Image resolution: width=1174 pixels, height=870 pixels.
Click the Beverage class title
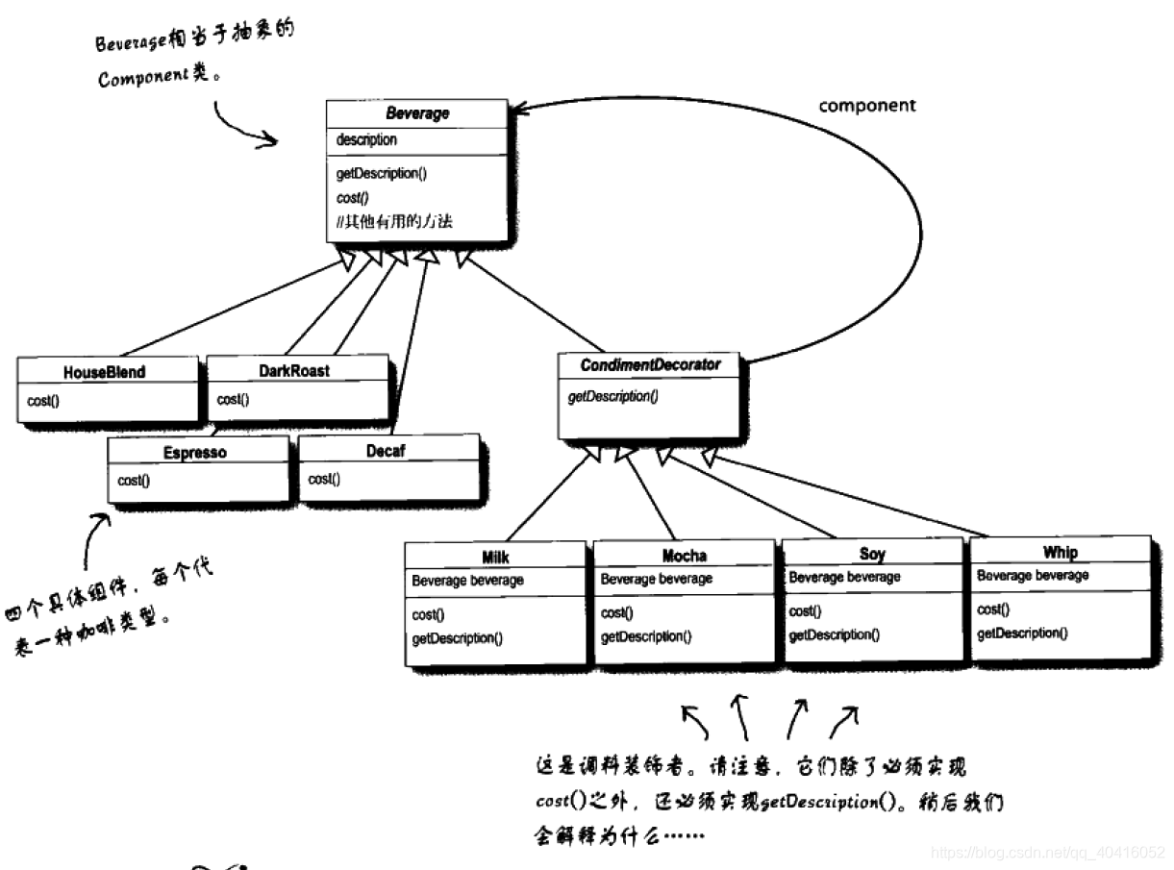coord(417,113)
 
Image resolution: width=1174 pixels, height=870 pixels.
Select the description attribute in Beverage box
coord(366,140)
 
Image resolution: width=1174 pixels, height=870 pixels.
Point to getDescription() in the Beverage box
coord(382,174)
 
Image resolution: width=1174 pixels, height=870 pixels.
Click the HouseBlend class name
coord(106,372)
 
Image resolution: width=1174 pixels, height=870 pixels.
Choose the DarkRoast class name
coord(295,370)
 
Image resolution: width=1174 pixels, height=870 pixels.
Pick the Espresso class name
coord(195,453)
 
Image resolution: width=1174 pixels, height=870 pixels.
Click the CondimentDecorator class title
coord(650,366)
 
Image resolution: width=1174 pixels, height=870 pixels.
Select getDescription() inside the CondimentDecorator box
coord(612,396)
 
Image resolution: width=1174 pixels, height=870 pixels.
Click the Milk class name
coord(495,558)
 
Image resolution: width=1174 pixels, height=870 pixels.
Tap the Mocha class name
coord(684,556)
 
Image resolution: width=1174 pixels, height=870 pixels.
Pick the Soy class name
coord(872,554)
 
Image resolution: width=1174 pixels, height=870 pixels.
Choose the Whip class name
coord(1060,552)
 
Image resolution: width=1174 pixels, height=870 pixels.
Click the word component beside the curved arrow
coord(867,107)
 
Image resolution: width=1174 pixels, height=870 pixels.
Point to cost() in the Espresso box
coord(134,480)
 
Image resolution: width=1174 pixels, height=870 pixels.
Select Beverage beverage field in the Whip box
coord(1033,575)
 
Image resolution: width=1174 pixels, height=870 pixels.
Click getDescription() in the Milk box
coord(457,638)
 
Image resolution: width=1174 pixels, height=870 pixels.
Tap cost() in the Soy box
coord(805,611)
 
